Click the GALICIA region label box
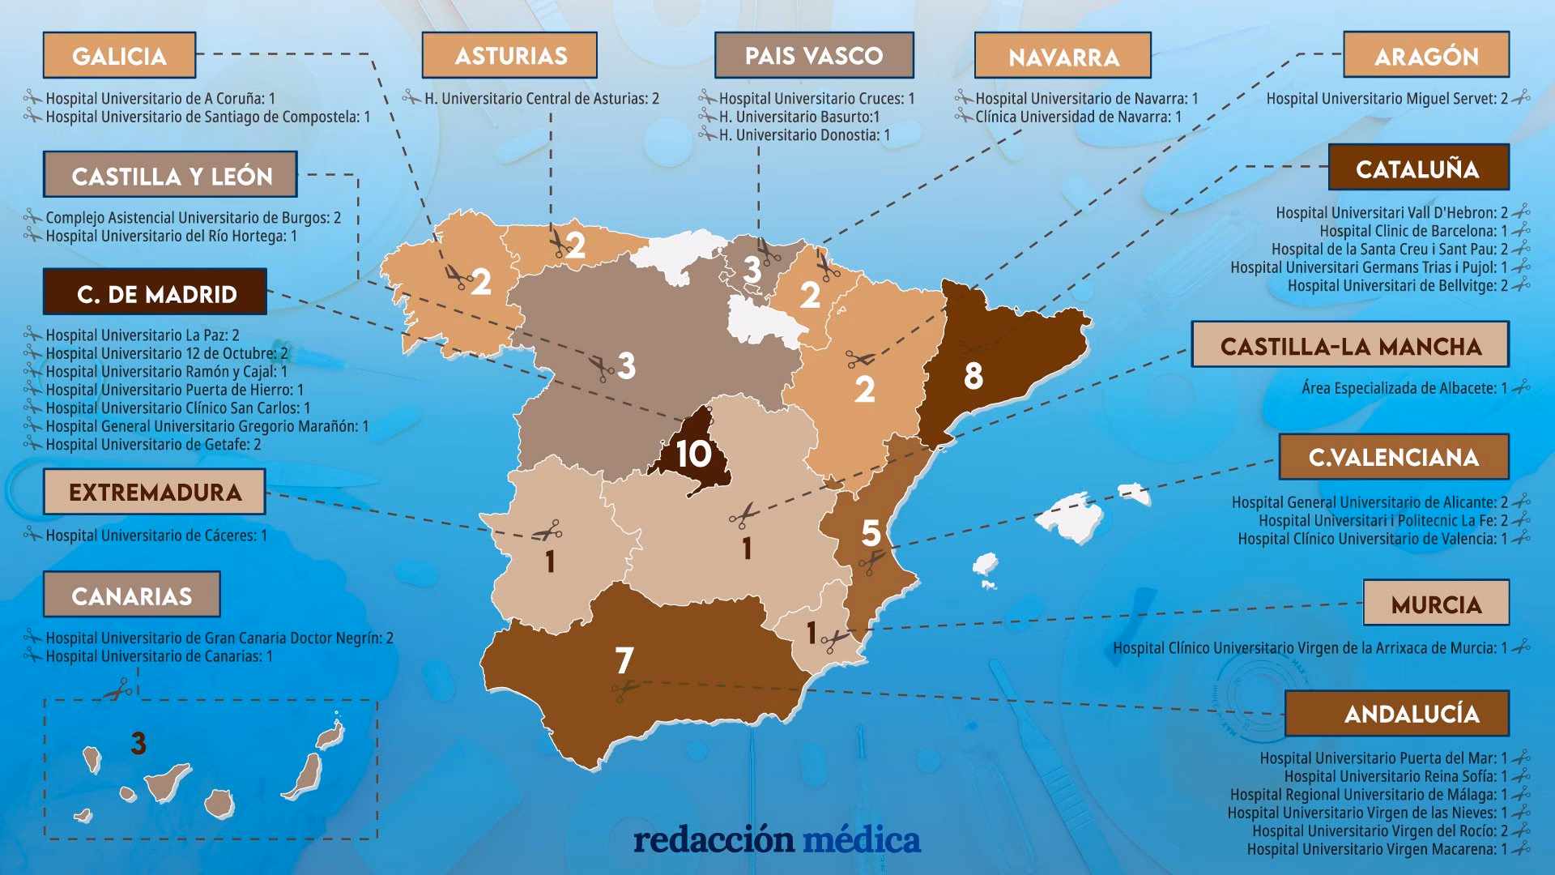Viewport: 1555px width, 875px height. point(119,55)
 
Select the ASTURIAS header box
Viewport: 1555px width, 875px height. point(509,55)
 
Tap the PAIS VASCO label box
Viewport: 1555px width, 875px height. point(814,55)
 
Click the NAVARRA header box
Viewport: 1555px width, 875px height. point(1063,56)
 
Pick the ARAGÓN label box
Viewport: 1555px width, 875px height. point(1425,55)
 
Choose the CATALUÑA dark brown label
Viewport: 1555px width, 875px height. point(1418,168)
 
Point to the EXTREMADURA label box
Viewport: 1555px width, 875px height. point(154,492)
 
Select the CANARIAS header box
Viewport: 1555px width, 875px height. point(131,595)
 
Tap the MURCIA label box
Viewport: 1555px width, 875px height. point(1436,604)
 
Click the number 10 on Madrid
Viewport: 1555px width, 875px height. point(693,455)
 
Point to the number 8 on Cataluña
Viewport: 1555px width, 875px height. point(973,376)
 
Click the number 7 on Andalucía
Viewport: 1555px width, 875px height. point(624,660)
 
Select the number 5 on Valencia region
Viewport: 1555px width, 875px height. point(871,533)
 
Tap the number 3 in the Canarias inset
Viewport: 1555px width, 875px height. point(138,743)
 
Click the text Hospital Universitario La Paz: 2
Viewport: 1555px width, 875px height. point(143,335)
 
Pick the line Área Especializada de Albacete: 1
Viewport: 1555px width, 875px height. point(1404,388)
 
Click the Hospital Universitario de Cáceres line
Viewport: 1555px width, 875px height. point(156,536)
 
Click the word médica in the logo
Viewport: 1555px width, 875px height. point(862,840)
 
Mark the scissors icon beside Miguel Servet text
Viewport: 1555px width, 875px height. point(1520,98)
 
